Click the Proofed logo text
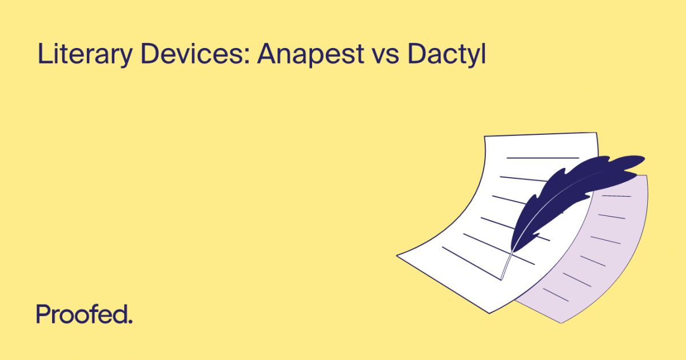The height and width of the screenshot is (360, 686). coord(84,315)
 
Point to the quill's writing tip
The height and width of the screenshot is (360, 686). coord(502,279)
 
